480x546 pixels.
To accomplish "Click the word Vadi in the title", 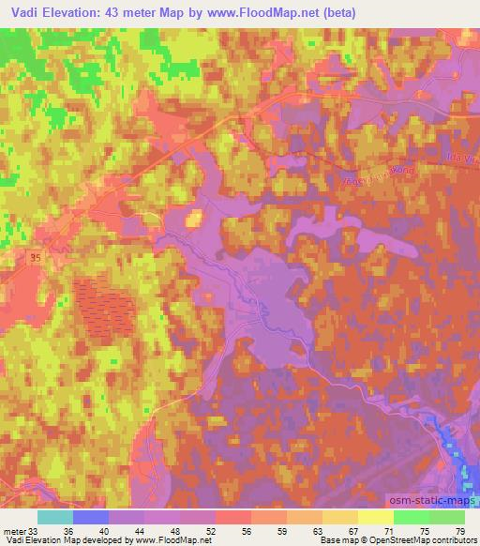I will pos(22,13).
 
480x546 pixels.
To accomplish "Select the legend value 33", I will pos(34,532).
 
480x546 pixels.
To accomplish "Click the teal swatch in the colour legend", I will pos(55,517).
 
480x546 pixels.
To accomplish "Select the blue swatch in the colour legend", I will pos(91,517).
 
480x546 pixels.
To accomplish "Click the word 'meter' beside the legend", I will pos(13,532).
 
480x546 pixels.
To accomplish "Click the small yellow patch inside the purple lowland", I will pos(194,220).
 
